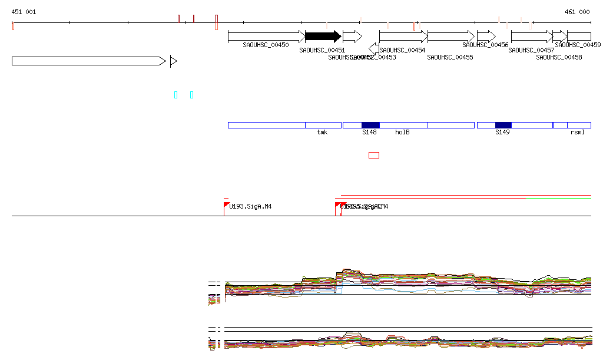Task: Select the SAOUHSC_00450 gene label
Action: pyautogui.click(x=266, y=45)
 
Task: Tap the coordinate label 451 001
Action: pyautogui.click(x=24, y=12)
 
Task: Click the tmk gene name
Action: pyautogui.click(x=322, y=132)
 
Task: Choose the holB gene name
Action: pyautogui.click(x=402, y=132)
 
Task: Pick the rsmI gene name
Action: pyautogui.click(x=578, y=132)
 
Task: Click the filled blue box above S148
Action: pyautogui.click(x=370, y=125)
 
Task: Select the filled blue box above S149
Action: pyautogui.click(x=503, y=125)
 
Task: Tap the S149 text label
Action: pyautogui.click(x=502, y=132)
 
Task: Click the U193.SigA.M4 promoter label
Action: pyautogui.click(x=250, y=207)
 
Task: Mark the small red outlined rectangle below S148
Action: pyautogui.click(x=373, y=155)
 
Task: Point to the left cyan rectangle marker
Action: pyautogui.click(x=175, y=95)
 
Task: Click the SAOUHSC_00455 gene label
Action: pyautogui.click(x=450, y=57)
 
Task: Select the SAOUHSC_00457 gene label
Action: pyautogui.click(x=531, y=51)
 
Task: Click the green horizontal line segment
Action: pyautogui.click(x=558, y=199)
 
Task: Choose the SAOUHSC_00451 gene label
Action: pyautogui.click(x=322, y=51)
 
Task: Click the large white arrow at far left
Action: pyautogui.click(x=88, y=61)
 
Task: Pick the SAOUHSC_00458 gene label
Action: pyautogui.click(x=559, y=57)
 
